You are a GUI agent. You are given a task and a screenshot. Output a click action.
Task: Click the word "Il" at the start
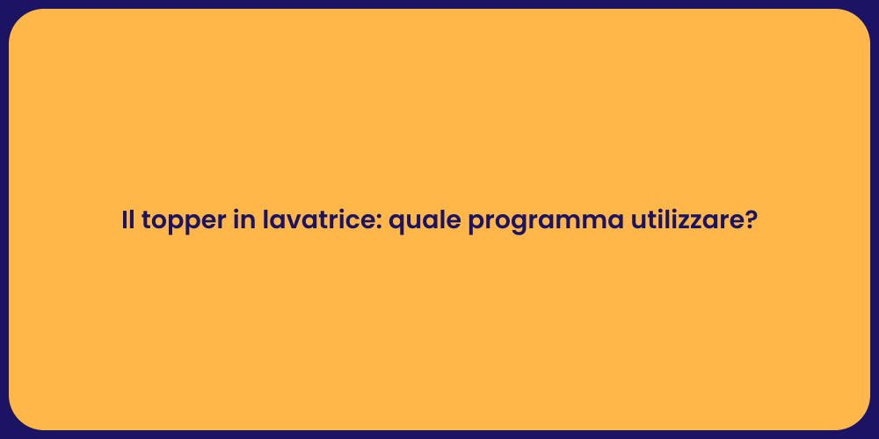coord(127,221)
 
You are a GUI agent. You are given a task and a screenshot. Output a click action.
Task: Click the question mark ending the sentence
coord(750,221)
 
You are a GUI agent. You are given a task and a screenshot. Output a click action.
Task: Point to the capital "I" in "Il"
coord(125,221)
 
